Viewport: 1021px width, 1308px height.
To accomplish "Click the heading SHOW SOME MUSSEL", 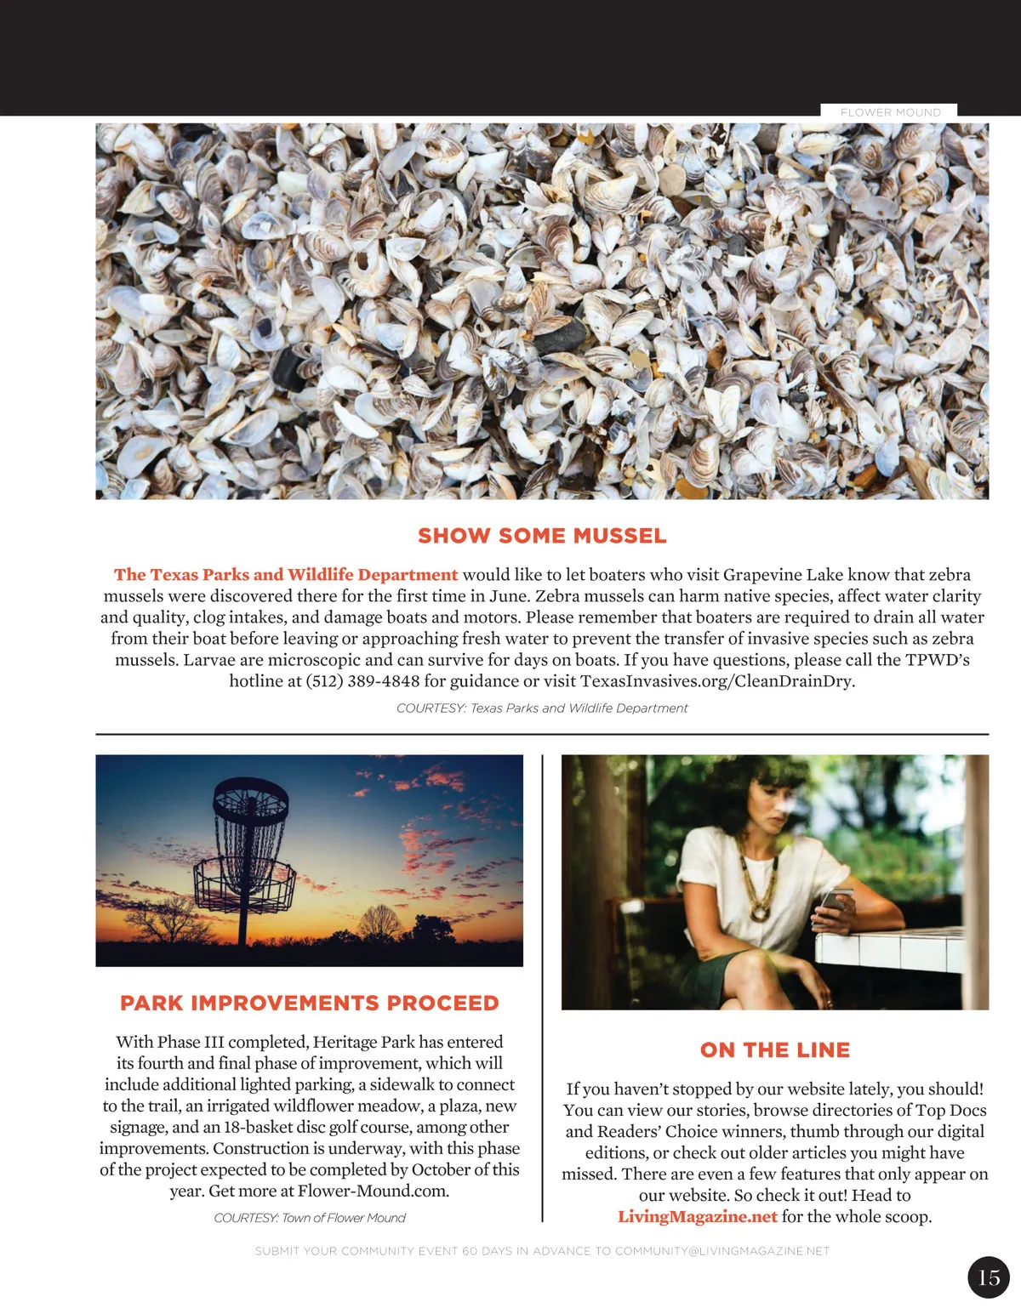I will pos(542,536).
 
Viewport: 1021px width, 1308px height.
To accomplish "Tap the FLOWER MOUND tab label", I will pos(890,112).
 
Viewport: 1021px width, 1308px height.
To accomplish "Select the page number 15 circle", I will pos(989,1277).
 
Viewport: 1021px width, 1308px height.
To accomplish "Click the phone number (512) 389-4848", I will pos(362,681).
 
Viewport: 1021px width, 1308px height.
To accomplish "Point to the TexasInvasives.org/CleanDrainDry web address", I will pos(716,681).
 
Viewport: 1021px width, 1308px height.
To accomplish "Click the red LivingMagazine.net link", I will pos(698,1217).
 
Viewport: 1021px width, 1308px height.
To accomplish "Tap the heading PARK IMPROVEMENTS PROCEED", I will pos(310,1004).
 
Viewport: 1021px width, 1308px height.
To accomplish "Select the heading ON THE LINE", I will pos(775,1050).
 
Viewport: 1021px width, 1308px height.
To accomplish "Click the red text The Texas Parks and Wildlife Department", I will pos(286,575).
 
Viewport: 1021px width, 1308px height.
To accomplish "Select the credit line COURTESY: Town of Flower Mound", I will pos(310,1218).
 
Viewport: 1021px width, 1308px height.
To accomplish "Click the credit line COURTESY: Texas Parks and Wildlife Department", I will pos(542,708).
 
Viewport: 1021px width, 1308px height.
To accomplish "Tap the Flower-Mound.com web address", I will pos(373,1191).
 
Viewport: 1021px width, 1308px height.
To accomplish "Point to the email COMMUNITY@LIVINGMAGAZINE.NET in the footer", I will pos(722,1251).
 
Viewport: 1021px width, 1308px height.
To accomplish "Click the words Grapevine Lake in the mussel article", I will pos(782,575).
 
